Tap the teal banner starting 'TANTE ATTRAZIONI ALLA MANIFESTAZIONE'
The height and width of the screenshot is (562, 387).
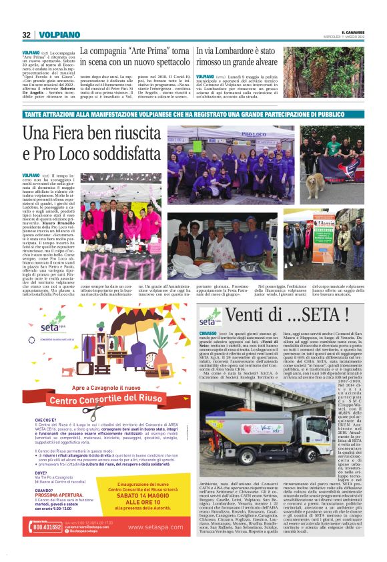click(193, 115)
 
